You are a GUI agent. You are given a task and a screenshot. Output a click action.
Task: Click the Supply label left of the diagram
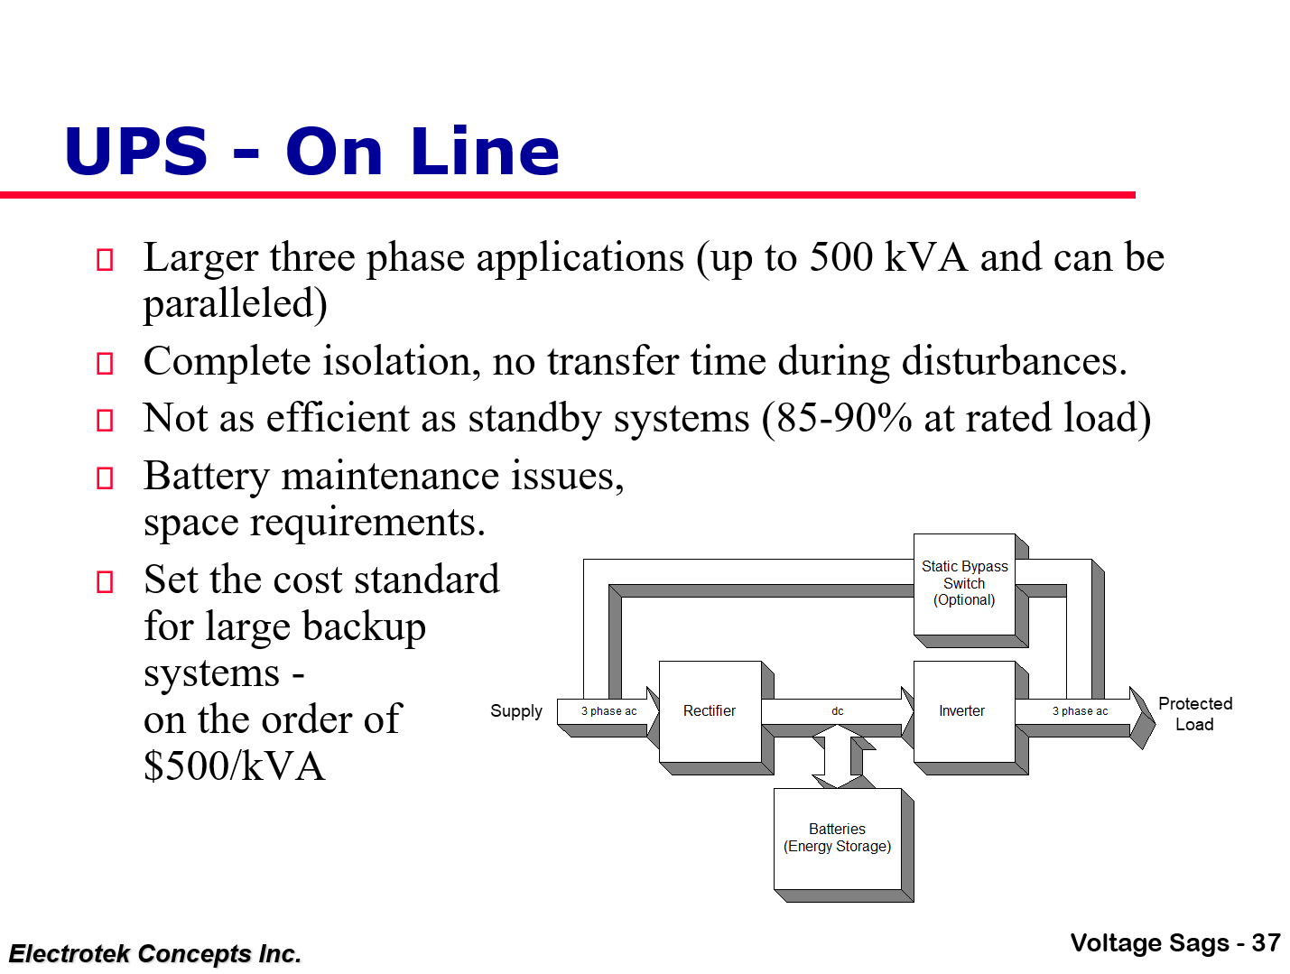tap(516, 711)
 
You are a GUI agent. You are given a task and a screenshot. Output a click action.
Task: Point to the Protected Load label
tap(1195, 714)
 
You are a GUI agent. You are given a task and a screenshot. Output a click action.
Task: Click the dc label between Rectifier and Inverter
tap(838, 711)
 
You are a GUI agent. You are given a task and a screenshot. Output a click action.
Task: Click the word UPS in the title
tap(136, 152)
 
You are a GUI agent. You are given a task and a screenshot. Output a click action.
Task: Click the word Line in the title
tap(485, 152)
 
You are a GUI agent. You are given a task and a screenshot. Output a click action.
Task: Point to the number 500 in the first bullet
tap(841, 258)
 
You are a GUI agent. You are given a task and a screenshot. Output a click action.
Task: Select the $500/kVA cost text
tap(234, 766)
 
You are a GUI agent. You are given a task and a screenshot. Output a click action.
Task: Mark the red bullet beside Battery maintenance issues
tap(105, 478)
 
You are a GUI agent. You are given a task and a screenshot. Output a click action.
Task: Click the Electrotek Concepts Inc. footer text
tap(155, 954)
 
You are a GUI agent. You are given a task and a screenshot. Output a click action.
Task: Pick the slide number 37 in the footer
tap(1266, 943)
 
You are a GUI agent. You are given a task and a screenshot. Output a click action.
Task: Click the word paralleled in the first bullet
tap(234, 304)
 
